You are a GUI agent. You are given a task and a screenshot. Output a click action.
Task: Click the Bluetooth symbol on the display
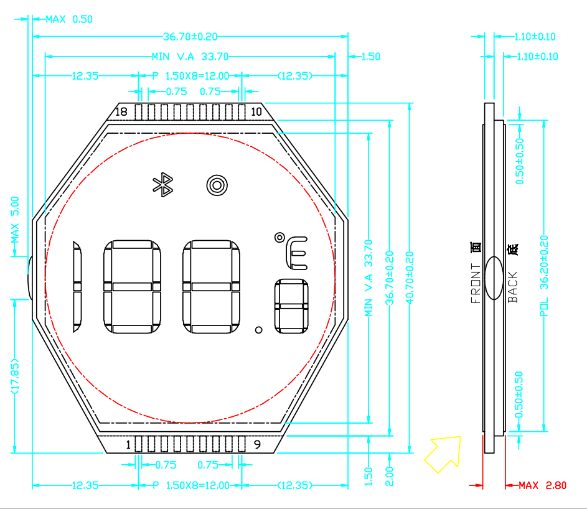[x=163, y=185]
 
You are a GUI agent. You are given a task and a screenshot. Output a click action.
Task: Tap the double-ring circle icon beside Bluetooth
[x=217, y=185]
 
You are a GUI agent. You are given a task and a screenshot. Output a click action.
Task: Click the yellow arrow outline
[x=443, y=454]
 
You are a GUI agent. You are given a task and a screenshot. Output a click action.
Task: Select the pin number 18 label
[x=121, y=111]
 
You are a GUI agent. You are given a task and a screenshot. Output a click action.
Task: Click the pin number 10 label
[x=256, y=111]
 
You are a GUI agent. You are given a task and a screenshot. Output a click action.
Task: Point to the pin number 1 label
[x=128, y=445]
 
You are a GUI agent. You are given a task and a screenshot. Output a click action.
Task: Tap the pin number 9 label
[x=257, y=444]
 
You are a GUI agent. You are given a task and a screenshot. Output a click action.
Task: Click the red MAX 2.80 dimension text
[x=542, y=485]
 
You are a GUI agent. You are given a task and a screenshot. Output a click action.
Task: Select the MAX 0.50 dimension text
[x=69, y=19]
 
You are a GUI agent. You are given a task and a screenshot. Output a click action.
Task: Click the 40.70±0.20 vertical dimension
[x=410, y=278]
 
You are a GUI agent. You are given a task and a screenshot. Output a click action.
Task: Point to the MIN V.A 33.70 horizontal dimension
[x=190, y=57]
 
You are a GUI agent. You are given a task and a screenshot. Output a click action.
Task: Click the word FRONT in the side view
[x=476, y=283]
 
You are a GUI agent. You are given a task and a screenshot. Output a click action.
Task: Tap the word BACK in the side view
[x=512, y=287]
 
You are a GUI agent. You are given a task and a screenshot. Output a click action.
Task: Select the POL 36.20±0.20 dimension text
[x=544, y=276]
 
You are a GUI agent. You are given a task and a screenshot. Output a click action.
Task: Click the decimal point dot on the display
[x=259, y=330]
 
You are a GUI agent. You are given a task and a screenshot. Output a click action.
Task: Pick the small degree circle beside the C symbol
[x=279, y=238]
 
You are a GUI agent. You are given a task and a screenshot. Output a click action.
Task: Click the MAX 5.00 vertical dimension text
[x=14, y=220]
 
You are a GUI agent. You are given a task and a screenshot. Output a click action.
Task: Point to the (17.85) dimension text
[x=14, y=376]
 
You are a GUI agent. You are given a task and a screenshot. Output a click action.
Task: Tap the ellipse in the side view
[x=494, y=278]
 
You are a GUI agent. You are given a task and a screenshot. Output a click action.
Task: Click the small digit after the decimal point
[x=291, y=306]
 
